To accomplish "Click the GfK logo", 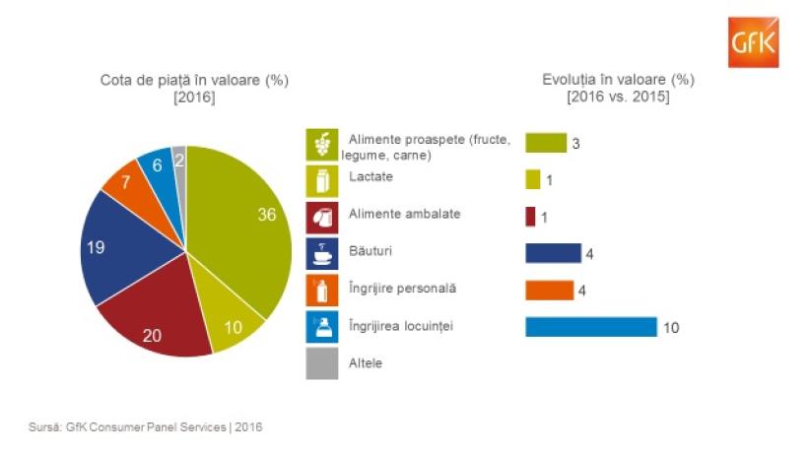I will coord(754,43).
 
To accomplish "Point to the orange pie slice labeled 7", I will coord(128,183).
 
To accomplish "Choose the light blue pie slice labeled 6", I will coord(158,164).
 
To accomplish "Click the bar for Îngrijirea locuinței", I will coord(590,326).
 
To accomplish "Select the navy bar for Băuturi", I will coord(553,253).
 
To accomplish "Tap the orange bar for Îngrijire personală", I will coord(549,290).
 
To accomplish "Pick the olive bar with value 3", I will coord(546,143).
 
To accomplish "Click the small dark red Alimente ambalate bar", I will coord(530,216).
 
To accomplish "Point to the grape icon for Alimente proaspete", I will coord(320,145).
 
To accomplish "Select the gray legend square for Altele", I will coord(320,362).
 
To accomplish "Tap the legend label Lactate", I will coord(370,177).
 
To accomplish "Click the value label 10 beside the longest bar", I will coord(671,327).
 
